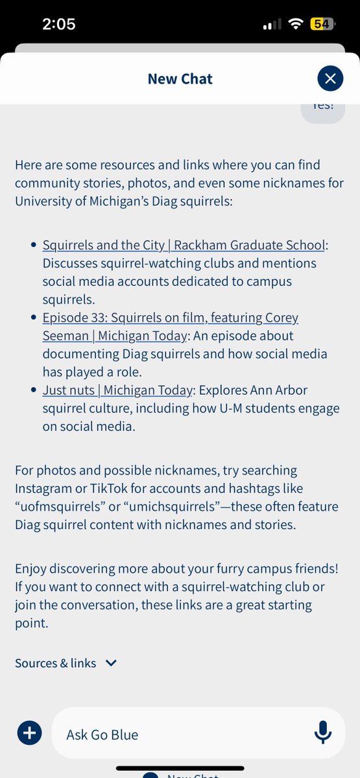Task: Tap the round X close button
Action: [x=330, y=78]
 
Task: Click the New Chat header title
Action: [x=180, y=79]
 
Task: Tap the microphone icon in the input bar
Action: [x=322, y=734]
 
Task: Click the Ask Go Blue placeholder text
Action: [x=102, y=735]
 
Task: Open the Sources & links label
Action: [x=55, y=663]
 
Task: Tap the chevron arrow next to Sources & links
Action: [x=111, y=663]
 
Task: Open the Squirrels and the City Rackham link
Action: [x=184, y=245]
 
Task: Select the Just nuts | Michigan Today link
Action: [x=117, y=390]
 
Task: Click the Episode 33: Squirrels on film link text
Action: [x=170, y=318]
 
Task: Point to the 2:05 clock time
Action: [x=58, y=25]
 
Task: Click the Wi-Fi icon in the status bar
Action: [x=296, y=25]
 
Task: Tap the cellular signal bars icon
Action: [x=272, y=25]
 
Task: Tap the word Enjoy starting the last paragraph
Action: [x=32, y=569]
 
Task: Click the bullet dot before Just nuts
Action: [x=34, y=390]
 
